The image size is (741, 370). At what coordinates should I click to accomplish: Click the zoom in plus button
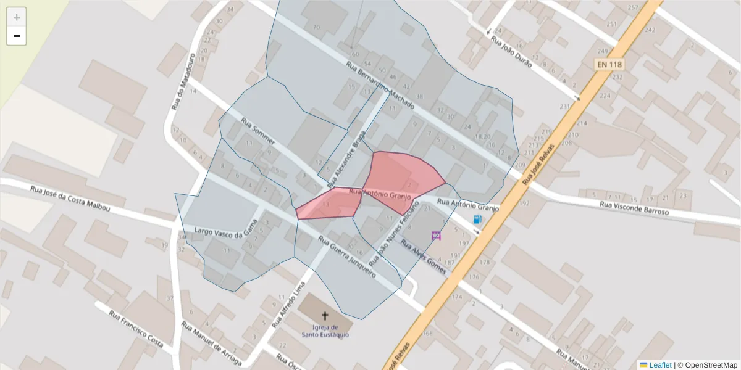[x=17, y=17]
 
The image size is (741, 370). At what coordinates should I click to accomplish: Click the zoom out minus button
[x=17, y=36]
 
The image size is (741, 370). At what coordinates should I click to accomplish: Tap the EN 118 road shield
[x=609, y=64]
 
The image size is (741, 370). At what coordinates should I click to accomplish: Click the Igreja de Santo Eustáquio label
[x=325, y=331]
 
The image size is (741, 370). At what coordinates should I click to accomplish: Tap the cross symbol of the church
[x=325, y=315]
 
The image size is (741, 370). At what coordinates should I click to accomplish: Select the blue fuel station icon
[x=477, y=220]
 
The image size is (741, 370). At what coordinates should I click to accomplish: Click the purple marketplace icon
[x=436, y=235]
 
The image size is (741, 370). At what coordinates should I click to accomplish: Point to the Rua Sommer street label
[x=257, y=131]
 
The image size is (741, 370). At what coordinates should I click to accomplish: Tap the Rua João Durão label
[x=511, y=48]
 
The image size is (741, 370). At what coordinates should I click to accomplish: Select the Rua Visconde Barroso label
[x=634, y=208]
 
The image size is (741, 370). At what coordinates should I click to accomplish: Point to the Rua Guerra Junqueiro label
[x=346, y=257]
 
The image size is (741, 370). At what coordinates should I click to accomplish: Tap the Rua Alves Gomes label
[x=424, y=257]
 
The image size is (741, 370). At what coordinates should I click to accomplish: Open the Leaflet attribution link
[x=660, y=364]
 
